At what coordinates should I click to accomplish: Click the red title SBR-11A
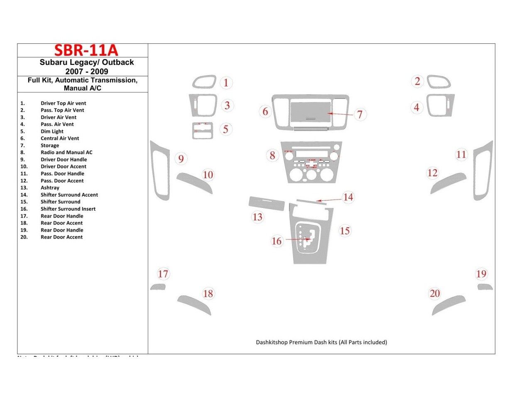86,50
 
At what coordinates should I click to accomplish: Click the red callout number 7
360,114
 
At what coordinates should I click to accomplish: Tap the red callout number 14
348,197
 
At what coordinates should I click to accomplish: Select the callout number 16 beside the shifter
276,241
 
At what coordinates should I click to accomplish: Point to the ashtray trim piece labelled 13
266,204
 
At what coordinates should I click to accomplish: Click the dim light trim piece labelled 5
202,131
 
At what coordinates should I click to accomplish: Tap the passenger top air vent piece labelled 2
439,82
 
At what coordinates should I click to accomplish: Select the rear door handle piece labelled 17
158,287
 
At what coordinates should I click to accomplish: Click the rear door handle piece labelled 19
485,287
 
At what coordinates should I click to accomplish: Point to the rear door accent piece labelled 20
448,305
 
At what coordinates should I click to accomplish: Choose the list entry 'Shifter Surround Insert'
68,209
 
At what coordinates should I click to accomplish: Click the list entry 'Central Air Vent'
59,138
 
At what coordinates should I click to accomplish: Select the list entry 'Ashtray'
50,188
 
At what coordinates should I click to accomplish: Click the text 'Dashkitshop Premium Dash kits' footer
321,342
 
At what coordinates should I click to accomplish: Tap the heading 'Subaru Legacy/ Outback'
86,62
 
